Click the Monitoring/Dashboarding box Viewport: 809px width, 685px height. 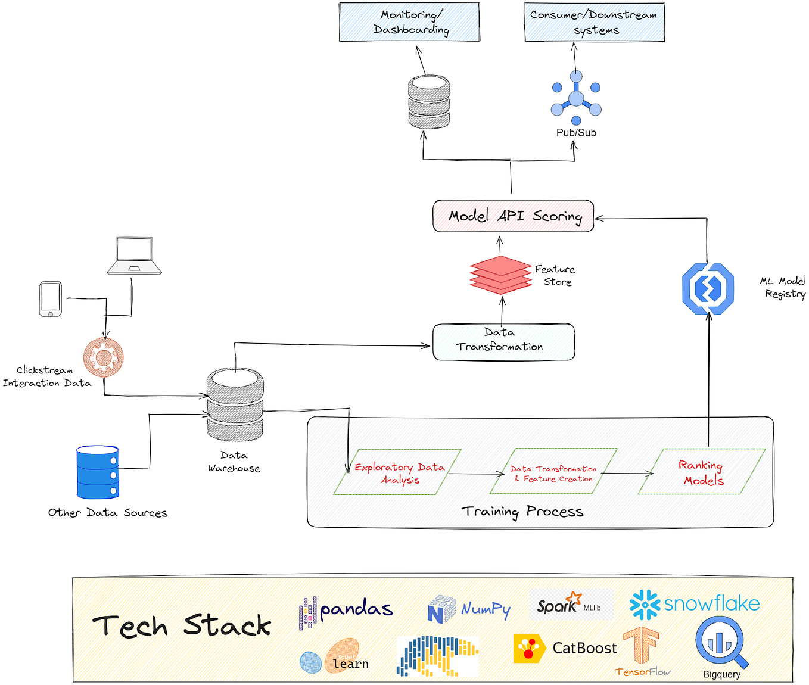point(409,22)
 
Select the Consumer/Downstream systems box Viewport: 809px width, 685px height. point(594,22)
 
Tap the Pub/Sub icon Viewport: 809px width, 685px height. point(575,99)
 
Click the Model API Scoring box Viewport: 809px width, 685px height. point(513,216)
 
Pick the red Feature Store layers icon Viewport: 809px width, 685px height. point(500,275)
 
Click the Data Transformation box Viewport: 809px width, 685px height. point(503,342)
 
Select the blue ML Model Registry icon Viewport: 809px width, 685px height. point(708,289)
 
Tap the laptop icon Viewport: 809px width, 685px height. point(135,256)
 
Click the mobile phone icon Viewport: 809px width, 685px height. point(51,299)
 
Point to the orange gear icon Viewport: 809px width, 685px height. point(104,357)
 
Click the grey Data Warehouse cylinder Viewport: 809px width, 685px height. point(235,404)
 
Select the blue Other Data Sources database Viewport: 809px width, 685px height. point(98,472)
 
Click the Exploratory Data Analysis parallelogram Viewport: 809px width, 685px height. point(398,472)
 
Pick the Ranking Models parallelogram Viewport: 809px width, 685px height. point(702,472)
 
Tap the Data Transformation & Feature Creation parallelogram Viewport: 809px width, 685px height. point(553,472)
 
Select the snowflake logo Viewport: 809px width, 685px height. point(695,605)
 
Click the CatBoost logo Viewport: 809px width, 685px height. point(565,648)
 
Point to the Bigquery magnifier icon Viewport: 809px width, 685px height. point(721,643)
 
